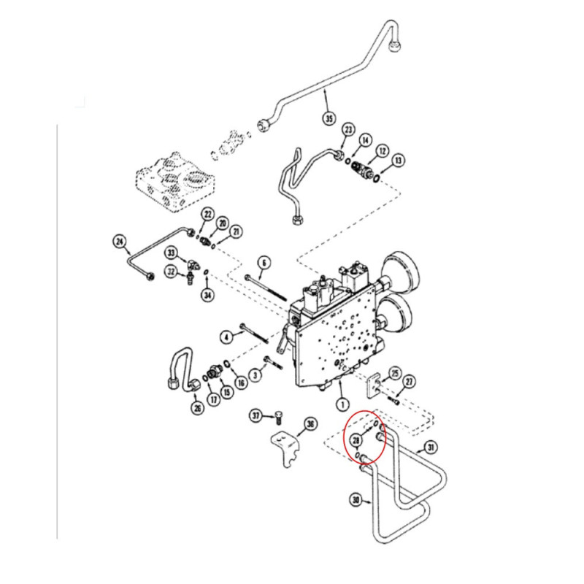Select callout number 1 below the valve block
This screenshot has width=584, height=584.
pyautogui.click(x=341, y=403)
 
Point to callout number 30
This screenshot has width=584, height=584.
pyautogui.click(x=356, y=500)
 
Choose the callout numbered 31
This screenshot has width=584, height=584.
pyautogui.click(x=431, y=447)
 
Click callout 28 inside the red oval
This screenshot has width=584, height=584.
pyautogui.click(x=356, y=439)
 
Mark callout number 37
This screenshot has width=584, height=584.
pyautogui.click(x=256, y=415)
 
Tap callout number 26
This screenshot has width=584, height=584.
pyautogui.click(x=196, y=408)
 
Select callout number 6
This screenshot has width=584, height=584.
pyautogui.click(x=264, y=262)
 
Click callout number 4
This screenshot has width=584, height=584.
pyautogui.click(x=227, y=337)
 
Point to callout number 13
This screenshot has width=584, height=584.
pyautogui.click(x=398, y=160)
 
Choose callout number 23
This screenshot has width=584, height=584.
pyautogui.click(x=348, y=131)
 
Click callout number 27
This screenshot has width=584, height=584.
pyautogui.click(x=410, y=381)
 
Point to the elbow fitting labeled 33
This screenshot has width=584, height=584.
pyautogui.click(x=191, y=264)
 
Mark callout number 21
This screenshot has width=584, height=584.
pyautogui.click(x=235, y=231)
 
